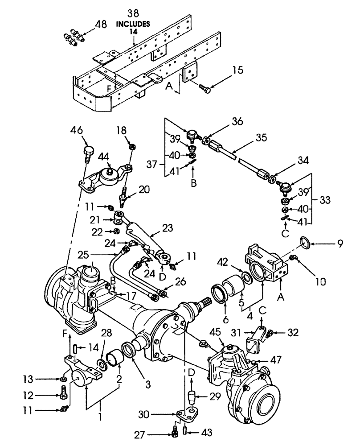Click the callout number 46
click(77, 130)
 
